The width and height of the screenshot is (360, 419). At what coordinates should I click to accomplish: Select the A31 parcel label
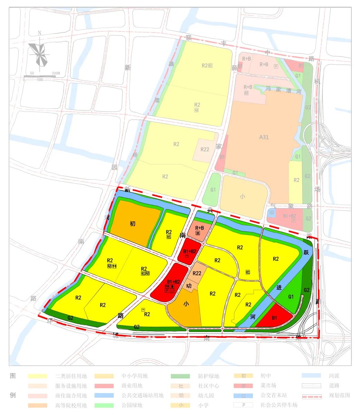coord(264,137)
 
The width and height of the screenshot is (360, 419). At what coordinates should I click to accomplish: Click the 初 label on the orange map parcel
coord(133,224)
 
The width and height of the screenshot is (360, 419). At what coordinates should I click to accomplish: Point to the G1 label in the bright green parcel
coord(291,296)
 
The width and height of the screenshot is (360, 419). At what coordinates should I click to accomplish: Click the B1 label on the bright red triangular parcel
coord(275,317)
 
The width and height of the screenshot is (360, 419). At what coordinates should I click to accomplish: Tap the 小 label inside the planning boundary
coord(186,304)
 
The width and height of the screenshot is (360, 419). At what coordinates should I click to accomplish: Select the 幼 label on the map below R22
coord(189,286)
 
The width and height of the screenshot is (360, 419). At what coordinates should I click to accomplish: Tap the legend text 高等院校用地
coord(71,405)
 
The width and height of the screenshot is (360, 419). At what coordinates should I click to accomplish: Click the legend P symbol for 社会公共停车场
coord(244,405)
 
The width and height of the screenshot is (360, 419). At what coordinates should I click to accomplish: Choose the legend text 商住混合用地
coord(71,396)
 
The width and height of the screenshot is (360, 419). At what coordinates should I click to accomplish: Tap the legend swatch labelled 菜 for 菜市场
coord(244,385)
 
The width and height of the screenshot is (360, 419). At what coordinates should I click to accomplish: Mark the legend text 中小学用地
coord(134,376)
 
